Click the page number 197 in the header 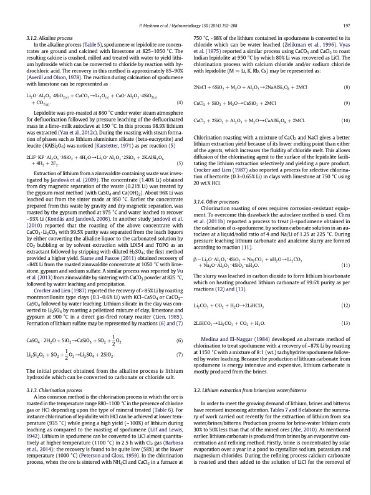[346, 25]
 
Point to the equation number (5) [179, 163]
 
